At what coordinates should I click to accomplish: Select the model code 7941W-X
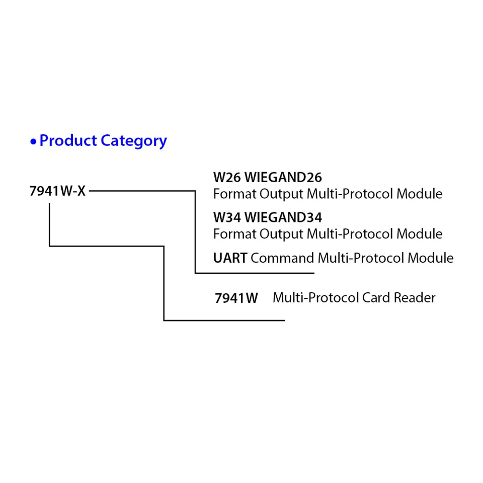pyautogui.click(x=58, y=191)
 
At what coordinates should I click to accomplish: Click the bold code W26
pyautogui.click(x=226, y=178)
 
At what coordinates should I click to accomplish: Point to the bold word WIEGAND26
pyautogui.click(x=283, y=178)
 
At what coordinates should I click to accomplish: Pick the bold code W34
pyautogui.click(x=226, y=218)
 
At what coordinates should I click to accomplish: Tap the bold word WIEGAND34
pyautogui.click(x=283, y=218)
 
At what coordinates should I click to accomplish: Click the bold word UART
pyautogui.click(x=230, y=258)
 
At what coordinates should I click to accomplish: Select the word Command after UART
pyautogui.click(x=282, y=258)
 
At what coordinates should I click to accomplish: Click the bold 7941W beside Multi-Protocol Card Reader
pyautogui.click(x=236, y=298)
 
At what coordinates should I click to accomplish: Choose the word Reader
pyautogui.click(x=415, y=298)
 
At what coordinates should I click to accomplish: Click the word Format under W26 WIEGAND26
pyautogui.click(x=234, y=194)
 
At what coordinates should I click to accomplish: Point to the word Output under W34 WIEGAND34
pyautogui.click(x=282, y=234)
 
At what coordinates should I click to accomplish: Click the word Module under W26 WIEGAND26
pyautogui.click(x=420, y=194)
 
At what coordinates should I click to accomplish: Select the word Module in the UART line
pyautogui.click(x=431, y=258)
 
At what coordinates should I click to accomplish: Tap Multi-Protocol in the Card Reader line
pyautogui.click(x=315, y=298)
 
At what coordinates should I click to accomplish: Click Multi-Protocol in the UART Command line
pyautogui.click(x=361, y=258)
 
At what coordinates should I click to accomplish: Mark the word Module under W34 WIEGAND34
pyautogui.click(x=420, y=234)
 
